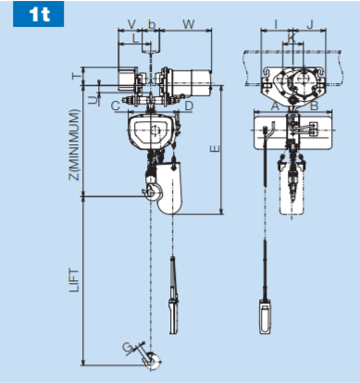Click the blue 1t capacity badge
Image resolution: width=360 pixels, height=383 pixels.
[x=38, y=14]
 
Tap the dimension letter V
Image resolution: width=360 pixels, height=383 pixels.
[x=131, y=24]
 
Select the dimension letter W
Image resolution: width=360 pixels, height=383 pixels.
[x=189, y=24]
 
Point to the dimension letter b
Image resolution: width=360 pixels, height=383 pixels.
[x=152, y=24]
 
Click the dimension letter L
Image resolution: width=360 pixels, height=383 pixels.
[x=135, y=38]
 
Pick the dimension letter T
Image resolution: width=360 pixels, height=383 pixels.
[x=76, y=76]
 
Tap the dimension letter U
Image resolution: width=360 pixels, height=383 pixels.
[x=93, y=100]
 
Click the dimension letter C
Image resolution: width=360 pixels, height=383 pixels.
[x=116, y=105]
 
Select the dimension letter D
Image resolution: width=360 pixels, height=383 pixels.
[x=189, y=105]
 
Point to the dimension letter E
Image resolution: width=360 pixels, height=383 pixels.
[x=215, y=149]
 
